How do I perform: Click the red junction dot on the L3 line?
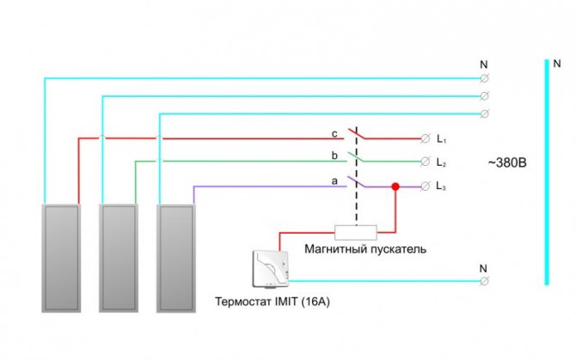395,186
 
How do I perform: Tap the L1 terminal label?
441,139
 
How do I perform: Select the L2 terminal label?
441,162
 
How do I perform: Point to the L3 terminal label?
441,186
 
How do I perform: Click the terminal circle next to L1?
425,138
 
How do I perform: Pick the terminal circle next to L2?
425,162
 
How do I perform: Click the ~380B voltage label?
507,162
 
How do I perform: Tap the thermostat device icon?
271,269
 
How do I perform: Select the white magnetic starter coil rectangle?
356,233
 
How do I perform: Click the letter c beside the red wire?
334,134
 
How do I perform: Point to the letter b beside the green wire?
334,156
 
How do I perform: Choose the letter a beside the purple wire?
334,181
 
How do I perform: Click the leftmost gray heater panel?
61,259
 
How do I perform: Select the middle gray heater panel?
119,259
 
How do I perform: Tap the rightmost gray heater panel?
176,259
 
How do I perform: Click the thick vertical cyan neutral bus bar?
547,172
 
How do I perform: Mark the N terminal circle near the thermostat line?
485,281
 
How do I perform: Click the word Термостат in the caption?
243,302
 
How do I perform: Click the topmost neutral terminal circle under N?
485,78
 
